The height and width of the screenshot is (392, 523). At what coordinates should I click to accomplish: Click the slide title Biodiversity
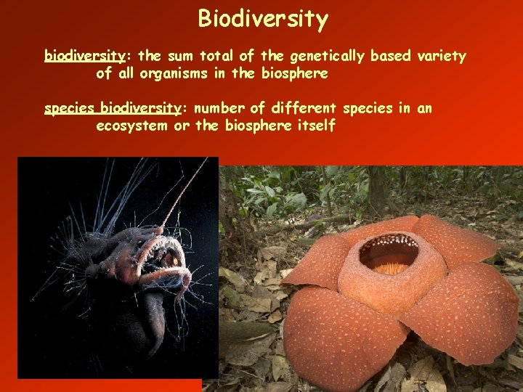[262, 19]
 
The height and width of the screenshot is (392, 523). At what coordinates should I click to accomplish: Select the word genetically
[317, 56]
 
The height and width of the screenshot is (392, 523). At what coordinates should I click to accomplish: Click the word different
[303, 109]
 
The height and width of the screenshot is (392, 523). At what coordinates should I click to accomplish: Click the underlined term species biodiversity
[113, 109]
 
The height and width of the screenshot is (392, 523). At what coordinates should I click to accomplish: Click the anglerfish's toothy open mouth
[164, 261]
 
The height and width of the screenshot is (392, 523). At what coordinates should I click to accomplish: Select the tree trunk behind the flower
[377, 189]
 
